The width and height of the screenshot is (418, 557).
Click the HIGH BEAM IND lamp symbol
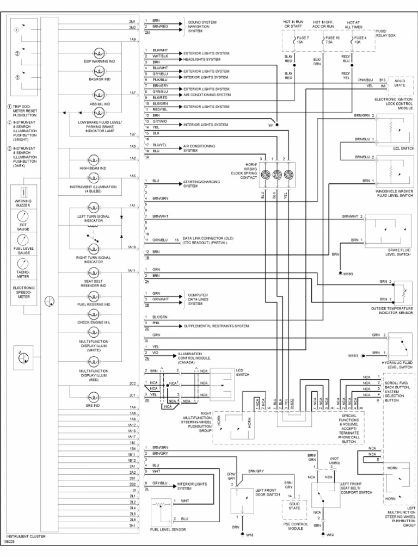(x=93, y=161)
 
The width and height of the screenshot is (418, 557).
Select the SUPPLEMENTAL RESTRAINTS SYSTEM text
(x=216, y=326)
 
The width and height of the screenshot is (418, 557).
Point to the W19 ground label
(x=330, y=535)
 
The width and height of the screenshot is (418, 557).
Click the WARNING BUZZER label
(x=23, y=203)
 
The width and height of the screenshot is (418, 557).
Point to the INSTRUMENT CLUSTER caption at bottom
(x=26, y=536)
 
